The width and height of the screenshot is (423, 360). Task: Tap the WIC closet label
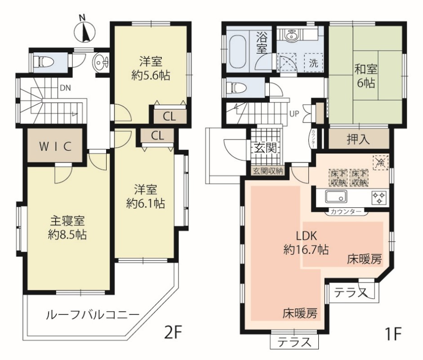pos(55,146)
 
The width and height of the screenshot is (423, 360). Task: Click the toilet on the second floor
pos(43,62)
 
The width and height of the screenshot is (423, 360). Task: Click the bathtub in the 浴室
pos(239,52)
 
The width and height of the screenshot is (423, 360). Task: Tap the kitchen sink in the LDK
pos(336,196)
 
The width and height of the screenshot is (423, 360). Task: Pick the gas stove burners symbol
pos(379,197)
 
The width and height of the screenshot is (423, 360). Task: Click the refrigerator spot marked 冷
pos(381,162)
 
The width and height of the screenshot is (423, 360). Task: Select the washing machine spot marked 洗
pos(313,63)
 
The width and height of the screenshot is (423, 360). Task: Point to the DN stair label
pos(65,88)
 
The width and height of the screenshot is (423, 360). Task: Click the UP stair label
pos(294,114)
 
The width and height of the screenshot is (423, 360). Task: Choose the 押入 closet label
pos(358,139)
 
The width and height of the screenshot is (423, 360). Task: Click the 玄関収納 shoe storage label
pos(267,171)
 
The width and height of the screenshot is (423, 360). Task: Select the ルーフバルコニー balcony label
pos(93,315)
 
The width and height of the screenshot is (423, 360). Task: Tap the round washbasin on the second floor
pos(99,63)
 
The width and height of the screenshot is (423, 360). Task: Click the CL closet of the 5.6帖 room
pos(169,117)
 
